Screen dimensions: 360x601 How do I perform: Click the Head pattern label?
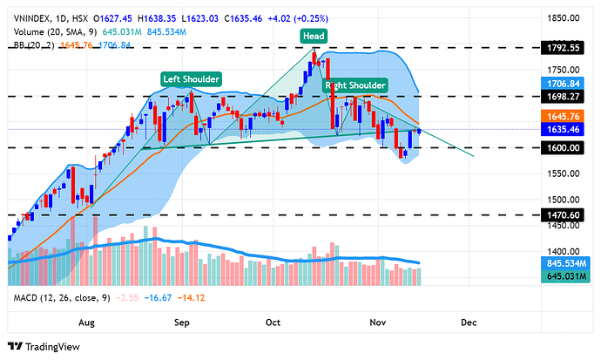[314, 36]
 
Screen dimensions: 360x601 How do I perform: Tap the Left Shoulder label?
[191, 79]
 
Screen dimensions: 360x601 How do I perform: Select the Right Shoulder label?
[355, 85]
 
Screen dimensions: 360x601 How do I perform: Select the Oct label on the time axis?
[273, 321]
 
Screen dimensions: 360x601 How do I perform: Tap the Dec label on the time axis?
[469, 321]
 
